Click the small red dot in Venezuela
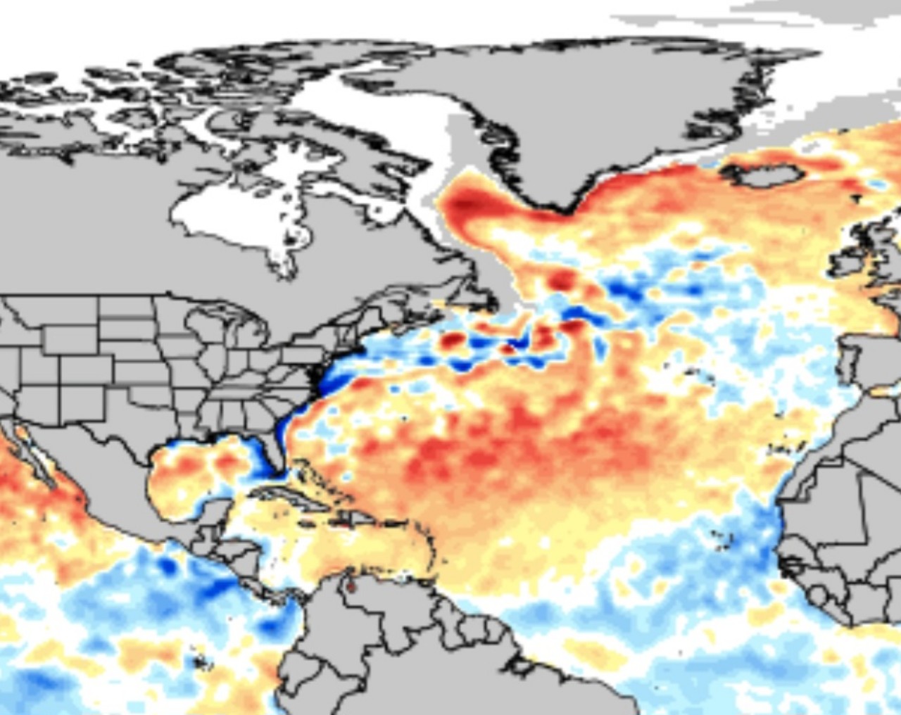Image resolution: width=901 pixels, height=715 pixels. pos(351,586)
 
